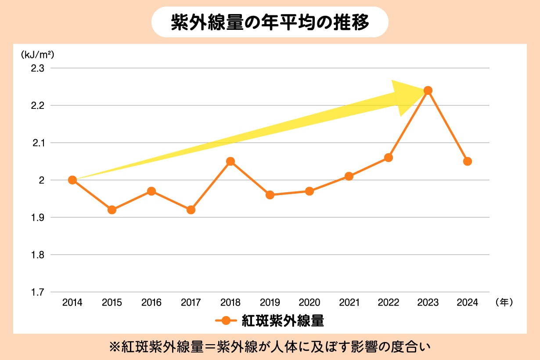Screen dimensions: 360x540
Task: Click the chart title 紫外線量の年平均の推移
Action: pyautogui.click(x=270, y=22)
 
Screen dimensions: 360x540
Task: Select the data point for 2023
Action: pyautogui.click(x=428, y=90)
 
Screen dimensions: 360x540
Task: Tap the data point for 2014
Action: pyautogui.click(x=72, y=180)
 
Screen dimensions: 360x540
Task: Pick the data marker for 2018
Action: pyautogui.click(x=230, y=161)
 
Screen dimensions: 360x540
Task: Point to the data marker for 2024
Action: pyautogui.click(x=468, y=161)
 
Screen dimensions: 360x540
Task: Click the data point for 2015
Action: pyautogui.click(x=112, y=210)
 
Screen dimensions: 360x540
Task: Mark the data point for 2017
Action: pyautogui.click(x=191, y=210)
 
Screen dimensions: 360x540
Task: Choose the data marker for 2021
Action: pyautogui.click(x=349, y=176)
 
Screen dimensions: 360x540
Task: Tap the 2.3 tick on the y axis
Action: pyautogui.click(x=38, y=68)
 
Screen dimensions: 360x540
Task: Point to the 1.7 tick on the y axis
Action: pyautogui.click(x=38, y=292)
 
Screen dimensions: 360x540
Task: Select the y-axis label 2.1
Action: pyautogui.click(x=38, y=143)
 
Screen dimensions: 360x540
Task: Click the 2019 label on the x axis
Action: pyautogui.click(x=270, y=302)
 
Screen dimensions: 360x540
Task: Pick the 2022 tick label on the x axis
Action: pyautogui.click(x=389, y=302)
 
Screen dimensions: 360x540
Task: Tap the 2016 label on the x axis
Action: pyautogui.click(x=151, y=302)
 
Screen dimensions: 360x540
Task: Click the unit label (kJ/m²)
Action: pyautogui.click(x=37, y=55)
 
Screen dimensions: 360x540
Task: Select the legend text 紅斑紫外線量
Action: pyautogui.click(x=283, y=321)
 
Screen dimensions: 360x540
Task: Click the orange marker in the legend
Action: pyautogui.click(x=226, y=321)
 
